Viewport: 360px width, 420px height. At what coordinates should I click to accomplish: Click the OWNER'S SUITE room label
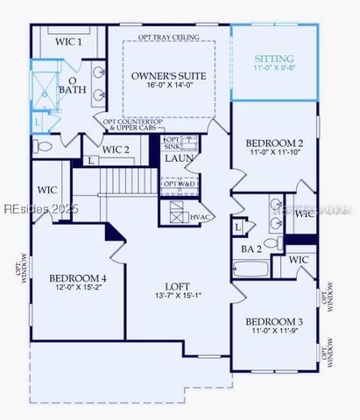coord(169,76)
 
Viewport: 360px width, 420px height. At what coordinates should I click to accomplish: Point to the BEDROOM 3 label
coord(274,321)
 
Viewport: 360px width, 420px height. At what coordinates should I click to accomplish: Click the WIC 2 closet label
coord(116,150)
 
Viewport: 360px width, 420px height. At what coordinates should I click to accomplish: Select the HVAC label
coord(201,216)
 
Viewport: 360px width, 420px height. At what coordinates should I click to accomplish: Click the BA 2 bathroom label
coord(251,249)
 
